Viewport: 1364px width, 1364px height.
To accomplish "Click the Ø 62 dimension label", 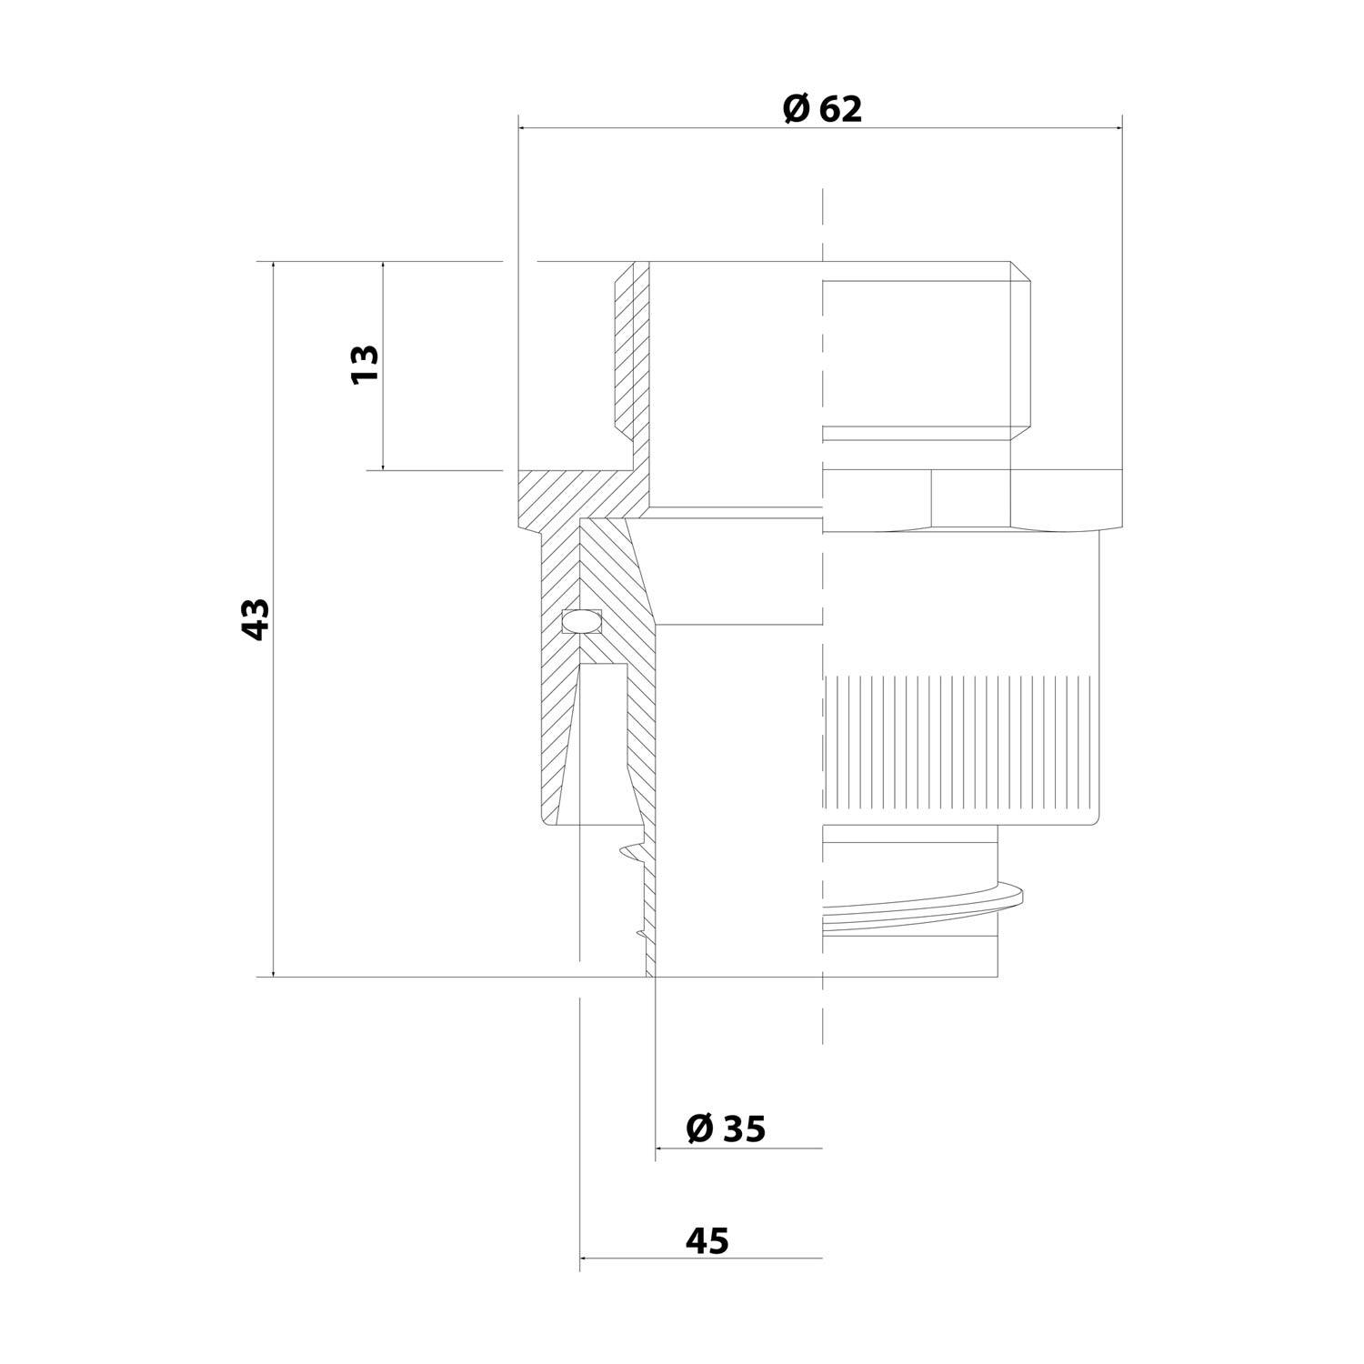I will pyautogui.click(x=821, y=109).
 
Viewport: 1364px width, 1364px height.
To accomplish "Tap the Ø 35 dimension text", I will pyautogui.click(x=726, y=1128).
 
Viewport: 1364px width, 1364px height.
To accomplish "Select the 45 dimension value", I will pyautogui.click(x=707, y=1240).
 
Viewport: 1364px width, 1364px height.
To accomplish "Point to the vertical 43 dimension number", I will pyautogui.click(x=256, y=619).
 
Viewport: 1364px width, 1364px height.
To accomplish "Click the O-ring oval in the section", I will pyautogui.click(x=581, y=621).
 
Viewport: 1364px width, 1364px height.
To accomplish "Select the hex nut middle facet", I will pyautogui.click(x=969, y=498).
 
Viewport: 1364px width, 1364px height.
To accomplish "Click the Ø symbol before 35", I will pyautogui.click(x=700, y=1128).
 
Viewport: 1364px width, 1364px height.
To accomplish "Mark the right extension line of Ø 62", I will pyautogui.click(x=1121, y=318).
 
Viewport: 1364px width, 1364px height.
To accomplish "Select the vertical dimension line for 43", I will pyautogui.click(x=273, y=818).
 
